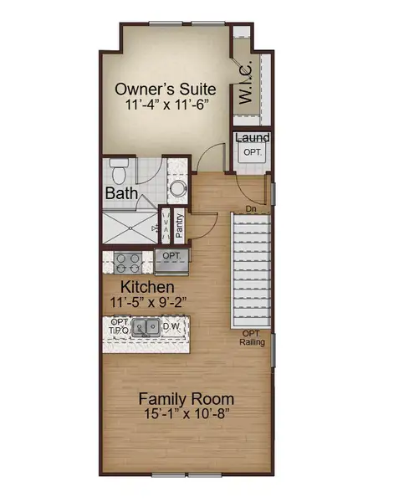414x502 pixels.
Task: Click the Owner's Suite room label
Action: (165, 89)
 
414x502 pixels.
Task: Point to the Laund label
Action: (251, 138)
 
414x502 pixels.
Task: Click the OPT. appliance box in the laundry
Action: (252, 153)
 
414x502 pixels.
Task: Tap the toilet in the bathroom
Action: (119, 173)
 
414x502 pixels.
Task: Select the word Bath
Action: (121, 194)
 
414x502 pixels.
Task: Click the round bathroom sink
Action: (177, 187)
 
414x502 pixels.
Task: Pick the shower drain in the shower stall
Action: (156, 227)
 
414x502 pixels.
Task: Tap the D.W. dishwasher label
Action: (172, 326)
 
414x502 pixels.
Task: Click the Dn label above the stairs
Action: (250, 208)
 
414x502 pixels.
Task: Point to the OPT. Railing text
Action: (253, 337)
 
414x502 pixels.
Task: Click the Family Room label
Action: (186, 398)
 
